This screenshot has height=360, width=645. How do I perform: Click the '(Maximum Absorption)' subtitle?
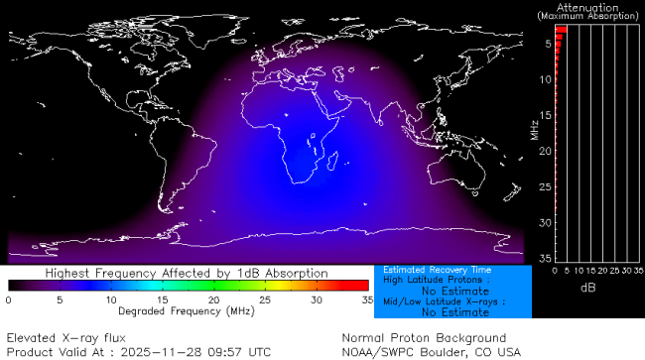(x=588, y=17)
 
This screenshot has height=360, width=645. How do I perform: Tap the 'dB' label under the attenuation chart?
(x=587, y=288)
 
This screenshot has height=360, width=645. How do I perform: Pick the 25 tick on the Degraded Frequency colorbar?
(x=265, y=300)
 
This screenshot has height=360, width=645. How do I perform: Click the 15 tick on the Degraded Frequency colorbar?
(x=163, y=300)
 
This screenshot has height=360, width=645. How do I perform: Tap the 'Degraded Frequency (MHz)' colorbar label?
(x=188, y=310)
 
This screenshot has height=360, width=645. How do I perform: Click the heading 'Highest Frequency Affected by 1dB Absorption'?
(x=188, y=272)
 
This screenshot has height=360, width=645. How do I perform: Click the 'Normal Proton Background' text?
(x=424, y=337)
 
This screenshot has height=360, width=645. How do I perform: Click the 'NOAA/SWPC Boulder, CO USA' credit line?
(x=431, y=351)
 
